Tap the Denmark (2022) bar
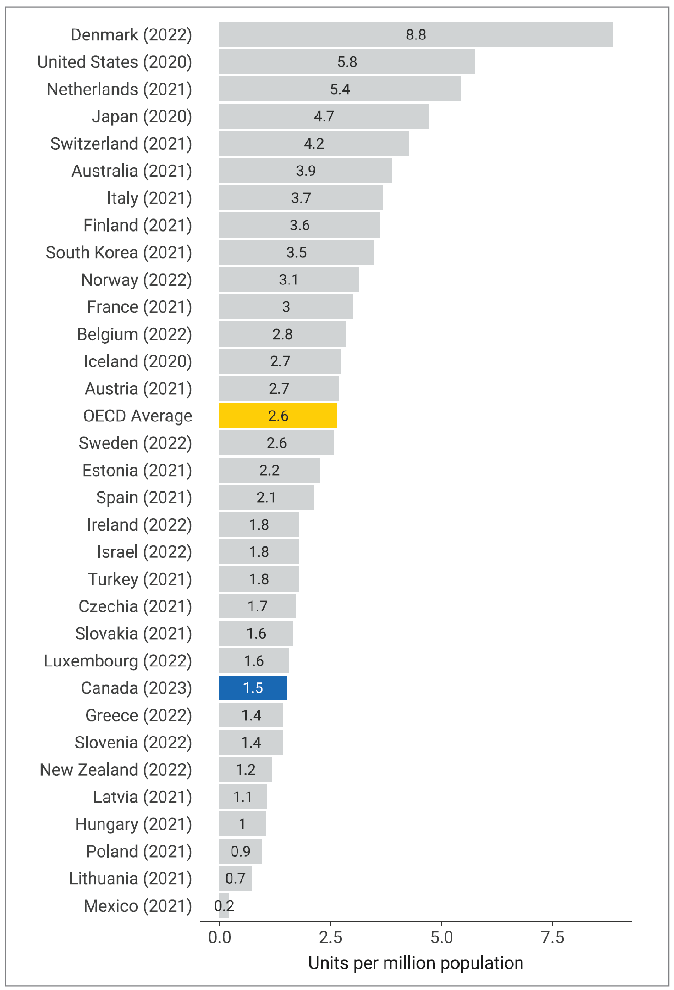416,34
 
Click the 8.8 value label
416,34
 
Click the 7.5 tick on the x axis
552,937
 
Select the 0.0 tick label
219,937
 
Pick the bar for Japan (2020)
324,116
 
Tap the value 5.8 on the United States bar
347,62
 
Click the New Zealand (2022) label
116,769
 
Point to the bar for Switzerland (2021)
314,144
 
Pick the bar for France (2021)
286,307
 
